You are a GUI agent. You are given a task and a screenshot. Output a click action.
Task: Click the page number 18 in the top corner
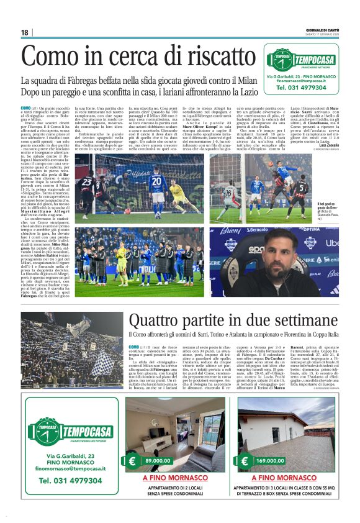pos(25,32)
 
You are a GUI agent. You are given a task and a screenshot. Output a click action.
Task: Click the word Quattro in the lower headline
pos(155,322)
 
